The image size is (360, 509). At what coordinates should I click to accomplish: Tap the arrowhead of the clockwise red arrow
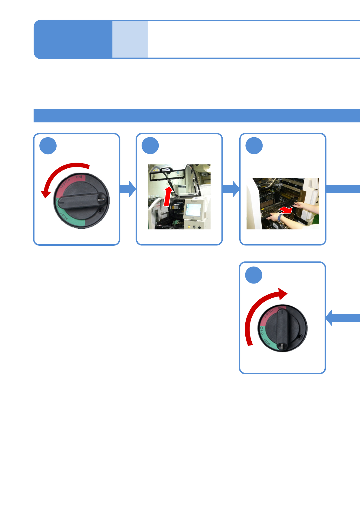click(283, 293)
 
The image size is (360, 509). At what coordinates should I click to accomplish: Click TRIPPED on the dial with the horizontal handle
click(65, 184)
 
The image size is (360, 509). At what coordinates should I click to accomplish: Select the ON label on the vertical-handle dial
click(281, 308)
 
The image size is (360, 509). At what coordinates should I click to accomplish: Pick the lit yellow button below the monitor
click(189, 227)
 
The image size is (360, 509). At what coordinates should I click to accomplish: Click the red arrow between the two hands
click(286, 210)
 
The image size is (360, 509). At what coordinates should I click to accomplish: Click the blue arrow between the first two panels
click(128, 189)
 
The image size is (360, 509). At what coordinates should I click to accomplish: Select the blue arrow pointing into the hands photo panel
click(231, 189)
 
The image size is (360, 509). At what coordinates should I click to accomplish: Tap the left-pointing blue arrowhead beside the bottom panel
click(330, 318)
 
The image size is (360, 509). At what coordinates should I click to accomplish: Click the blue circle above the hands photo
click(254, 146)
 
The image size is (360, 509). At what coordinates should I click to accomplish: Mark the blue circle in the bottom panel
click(254, 275)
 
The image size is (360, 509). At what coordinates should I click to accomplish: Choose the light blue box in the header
click(130, 39)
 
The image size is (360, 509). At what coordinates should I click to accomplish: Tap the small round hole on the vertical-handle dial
click(300, 336)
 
